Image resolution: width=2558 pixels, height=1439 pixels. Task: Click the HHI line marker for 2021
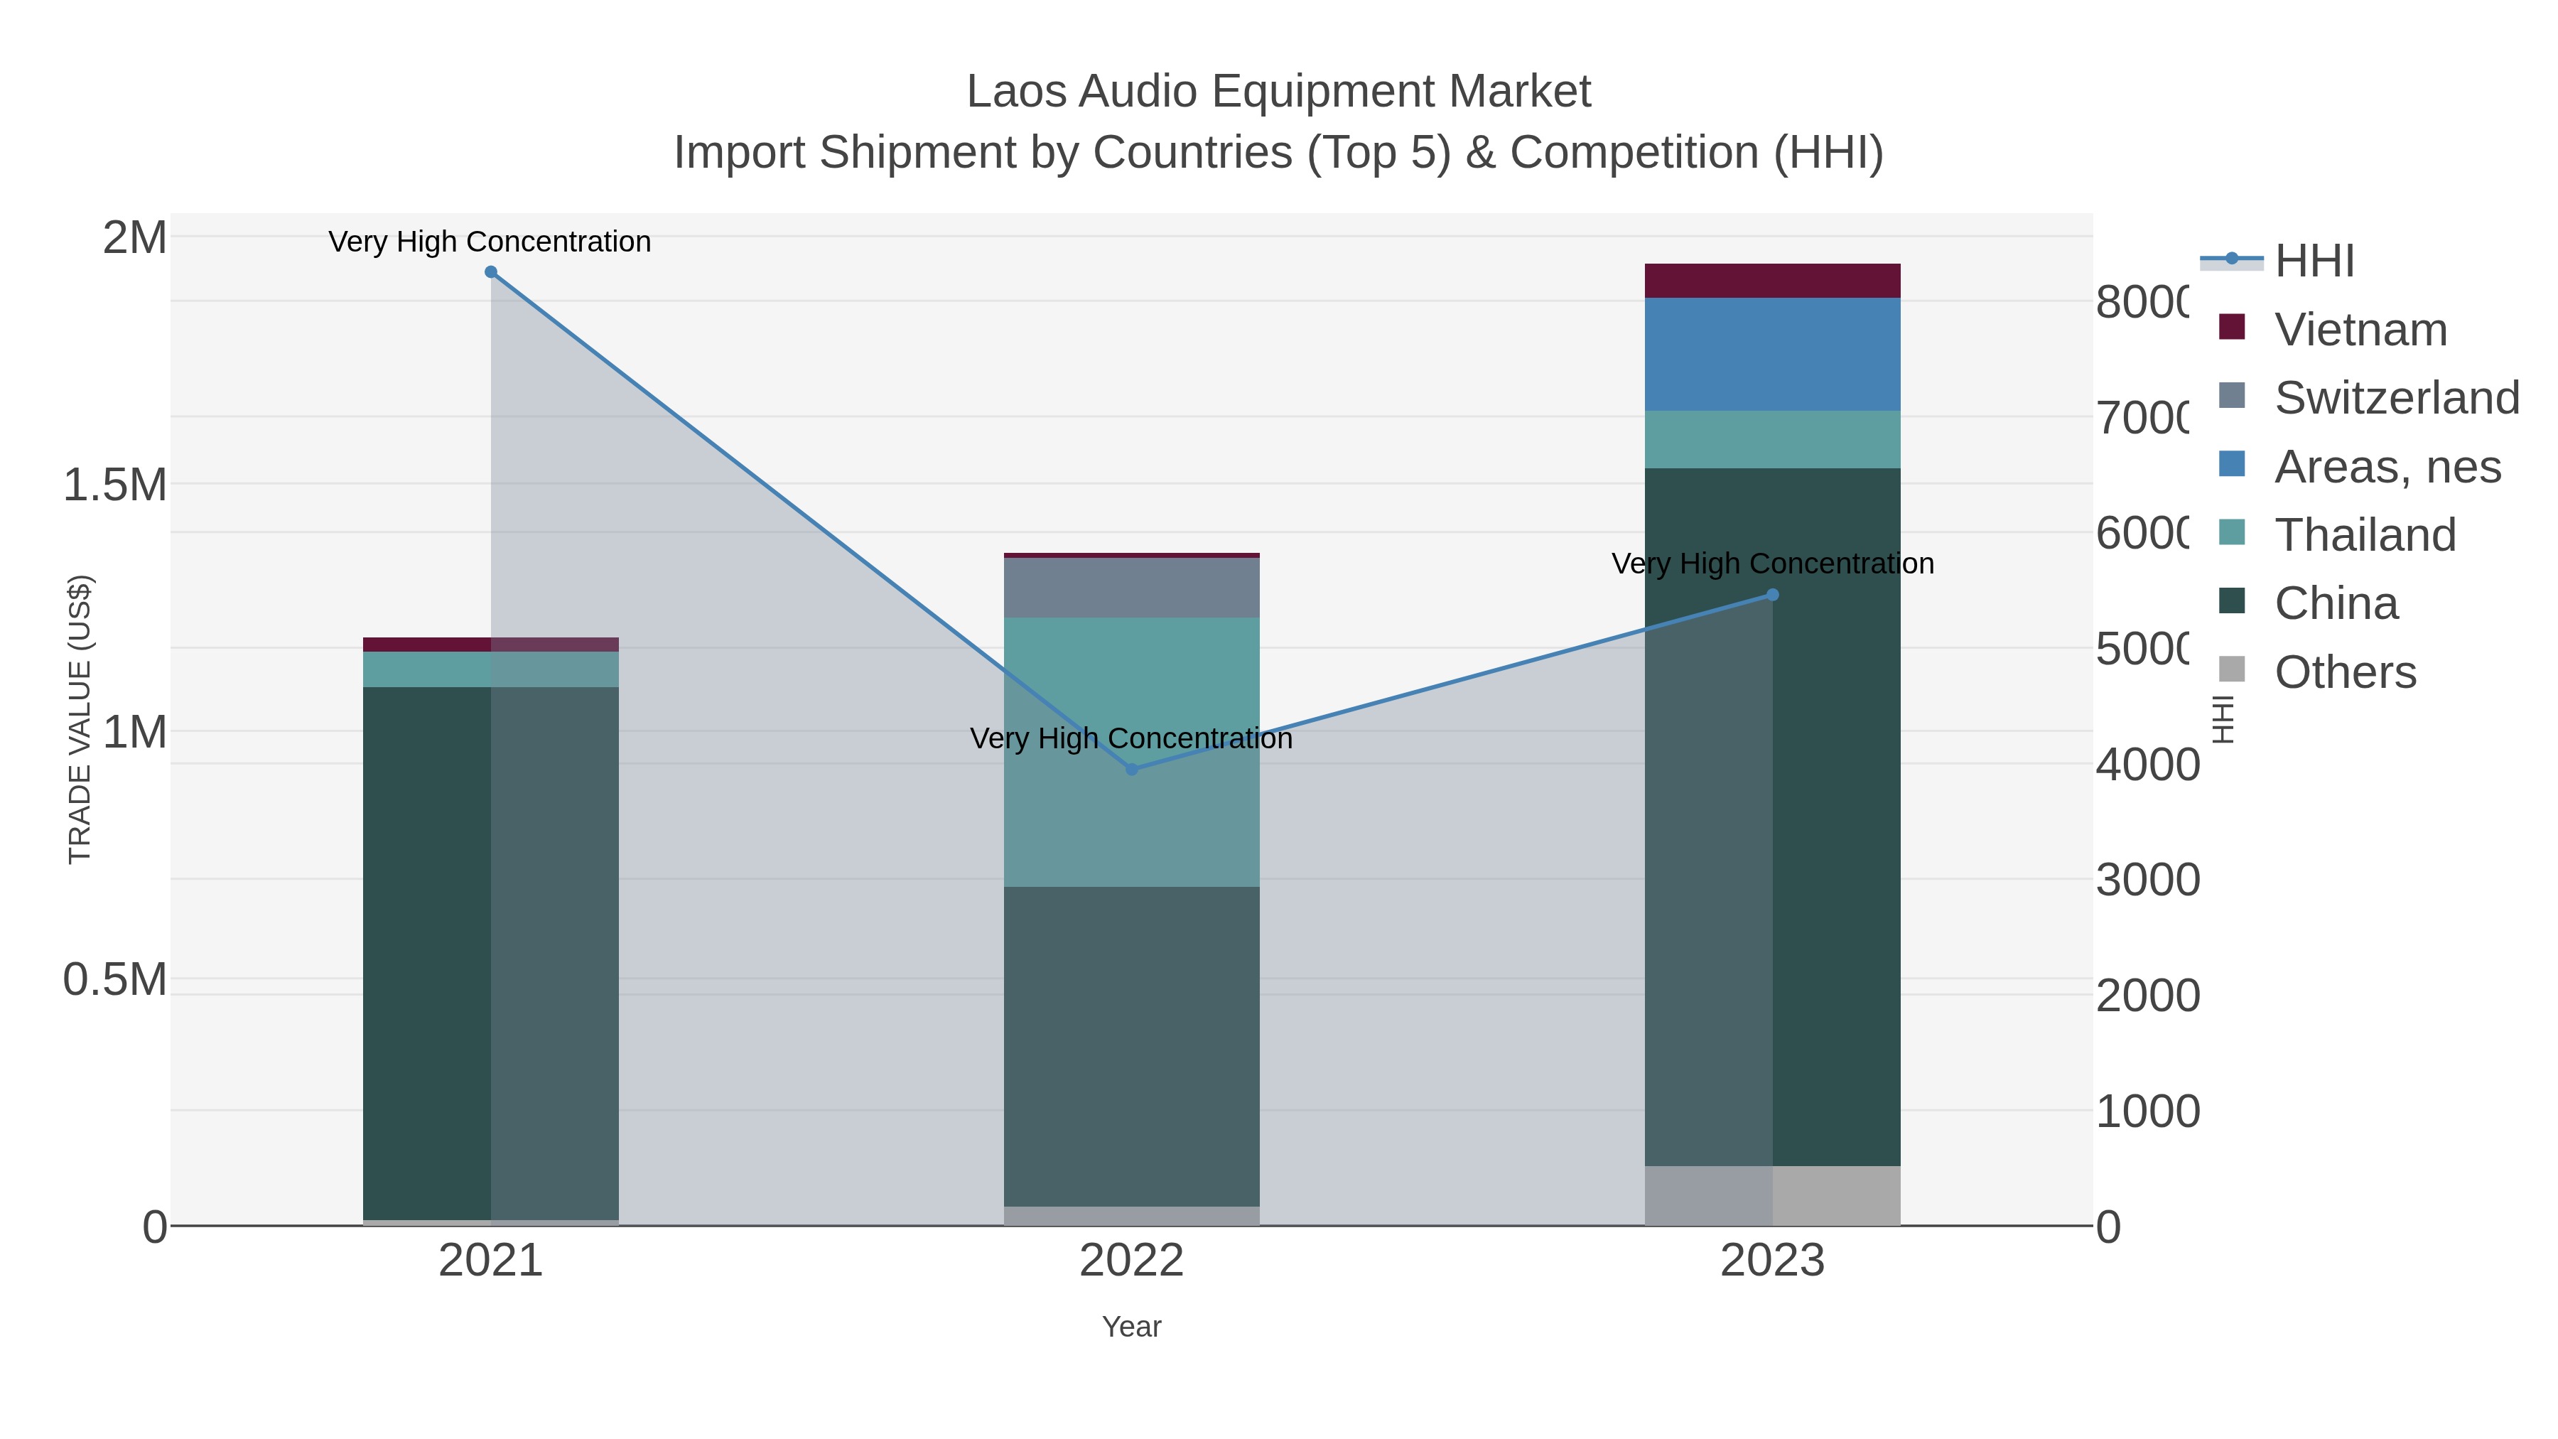pyautogui.click(x=490, y=272)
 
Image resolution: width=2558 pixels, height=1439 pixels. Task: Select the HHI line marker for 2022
pyautogui.click(x=1131, y=770)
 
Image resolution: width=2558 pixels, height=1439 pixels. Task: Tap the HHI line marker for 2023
pyautogui.click(x=1773, y=595)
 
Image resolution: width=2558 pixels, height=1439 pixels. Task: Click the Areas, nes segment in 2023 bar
pyautogui.click(x=1773, y=354)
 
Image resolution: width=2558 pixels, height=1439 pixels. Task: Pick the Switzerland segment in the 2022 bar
pyautogui.click(x=1131, y=587)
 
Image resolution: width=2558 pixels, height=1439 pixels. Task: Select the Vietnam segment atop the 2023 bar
pyautogui.click(x=1773, y=280)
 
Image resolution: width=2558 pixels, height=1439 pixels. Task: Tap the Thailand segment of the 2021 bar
pyautogui.click(x=490, y=669)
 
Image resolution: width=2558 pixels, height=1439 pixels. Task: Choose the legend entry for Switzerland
pyautogui.click(x=2395, y=398)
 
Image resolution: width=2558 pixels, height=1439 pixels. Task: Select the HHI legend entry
pyautogui.click(x=2314, y=262)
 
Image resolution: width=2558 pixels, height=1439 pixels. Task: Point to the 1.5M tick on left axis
pyautogui.click(x=114, y=485)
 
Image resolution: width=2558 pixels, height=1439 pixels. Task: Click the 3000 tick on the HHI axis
pyautogui.click(x=2147, y=880)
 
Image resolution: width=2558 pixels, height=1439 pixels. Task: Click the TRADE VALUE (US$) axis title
pyautogui.click(x=80, y=719)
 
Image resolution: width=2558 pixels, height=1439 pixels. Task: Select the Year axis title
pyautogui.click(x=1131, y=1327)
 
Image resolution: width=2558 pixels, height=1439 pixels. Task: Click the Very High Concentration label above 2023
pyautogui.click(x=1773, y=564)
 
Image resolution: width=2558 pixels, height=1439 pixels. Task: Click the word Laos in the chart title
pyautogui.click(x=1016, y=92)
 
